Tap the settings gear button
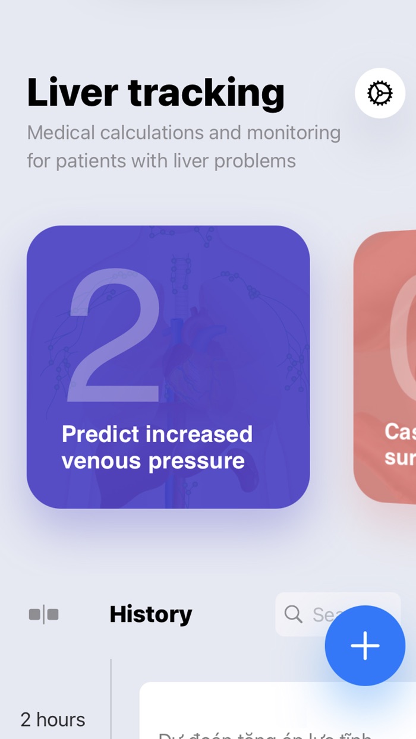(x=380, y=93)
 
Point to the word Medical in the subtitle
(x=61, y=132)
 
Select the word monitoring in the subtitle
(x=294, y=132)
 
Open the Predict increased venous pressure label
(x=157, y=447)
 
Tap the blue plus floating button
(x=365, y=646)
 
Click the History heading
(x=151, y=614)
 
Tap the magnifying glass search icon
(x=293, y=614)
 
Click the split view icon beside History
(x=44, y=614)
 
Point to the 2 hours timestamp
(x=53, y=719)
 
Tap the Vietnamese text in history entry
(x=264, y=734)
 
